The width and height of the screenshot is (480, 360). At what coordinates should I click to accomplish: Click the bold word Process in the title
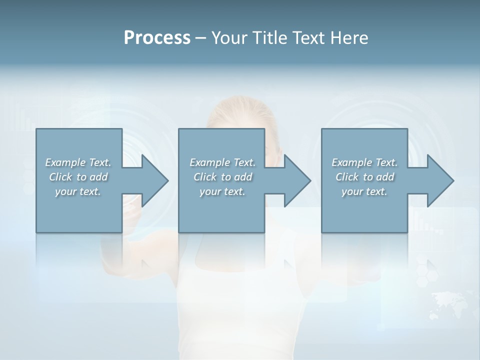point(157,38)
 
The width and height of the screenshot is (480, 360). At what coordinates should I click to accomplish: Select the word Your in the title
point(228,38)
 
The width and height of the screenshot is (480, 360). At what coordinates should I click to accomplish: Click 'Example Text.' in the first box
point(78,162)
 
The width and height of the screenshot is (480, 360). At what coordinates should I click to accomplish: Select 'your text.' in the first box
point(78,191)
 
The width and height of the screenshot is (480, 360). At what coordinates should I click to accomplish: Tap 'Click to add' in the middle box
point(222,177)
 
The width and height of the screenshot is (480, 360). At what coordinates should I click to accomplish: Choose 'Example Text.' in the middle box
point(222,162)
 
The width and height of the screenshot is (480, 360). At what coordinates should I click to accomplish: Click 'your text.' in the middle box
point(222,191)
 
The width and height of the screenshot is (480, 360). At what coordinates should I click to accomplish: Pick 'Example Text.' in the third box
point(364,162)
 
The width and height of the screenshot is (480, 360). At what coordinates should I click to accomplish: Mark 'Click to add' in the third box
point(364,177)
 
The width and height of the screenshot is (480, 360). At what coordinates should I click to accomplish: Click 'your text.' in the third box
point(364,191)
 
